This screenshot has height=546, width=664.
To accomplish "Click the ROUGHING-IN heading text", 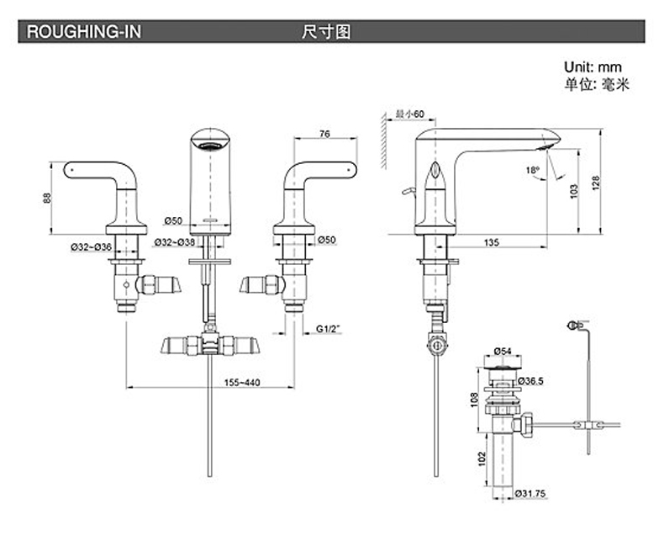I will pos(85,32).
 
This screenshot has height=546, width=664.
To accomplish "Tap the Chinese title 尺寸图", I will pos(325,32).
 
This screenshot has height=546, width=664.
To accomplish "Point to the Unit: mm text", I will pos(593,66).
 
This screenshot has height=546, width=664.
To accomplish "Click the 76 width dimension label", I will pos(324,131).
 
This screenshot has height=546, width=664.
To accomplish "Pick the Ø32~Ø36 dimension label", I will pos(91,246).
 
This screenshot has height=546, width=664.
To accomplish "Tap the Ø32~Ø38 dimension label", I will pos(174,242).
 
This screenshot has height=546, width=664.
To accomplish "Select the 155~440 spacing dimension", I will pos(242,383).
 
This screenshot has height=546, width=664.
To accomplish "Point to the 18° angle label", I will pos(532,169).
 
